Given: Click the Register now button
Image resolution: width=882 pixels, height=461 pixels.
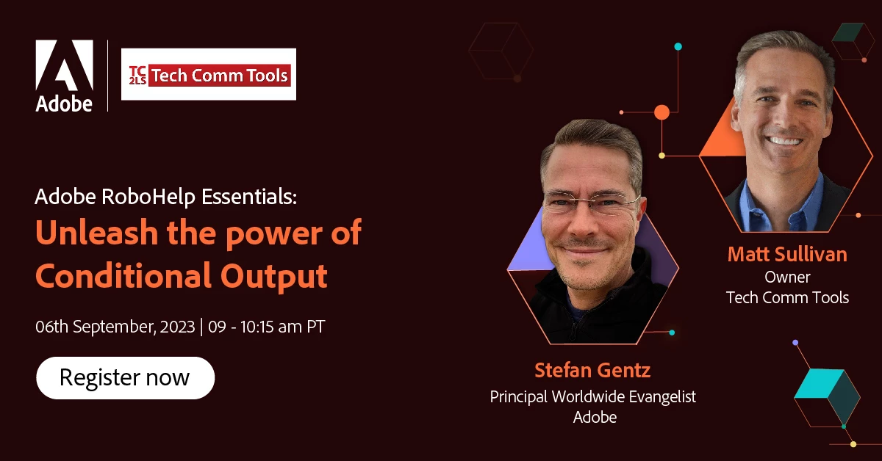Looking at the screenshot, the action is pos(125,377).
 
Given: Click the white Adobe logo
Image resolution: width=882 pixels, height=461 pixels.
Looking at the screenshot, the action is pos(64,76).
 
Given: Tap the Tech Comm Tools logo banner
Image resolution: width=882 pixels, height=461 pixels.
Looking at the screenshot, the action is pos(209,74).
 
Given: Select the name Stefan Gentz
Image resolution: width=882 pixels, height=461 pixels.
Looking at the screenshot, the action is pos(592,371).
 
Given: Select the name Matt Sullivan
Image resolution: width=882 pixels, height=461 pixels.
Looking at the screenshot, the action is pos(787,254).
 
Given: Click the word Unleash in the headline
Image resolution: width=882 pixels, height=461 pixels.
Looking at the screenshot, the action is pos(96,233).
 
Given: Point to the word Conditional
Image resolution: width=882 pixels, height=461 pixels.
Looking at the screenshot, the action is pos(123,275).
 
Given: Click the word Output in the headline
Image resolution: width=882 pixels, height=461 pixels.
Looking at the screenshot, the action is pos(274,277).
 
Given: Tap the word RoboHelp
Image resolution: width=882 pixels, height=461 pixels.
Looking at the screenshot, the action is pos(148,197).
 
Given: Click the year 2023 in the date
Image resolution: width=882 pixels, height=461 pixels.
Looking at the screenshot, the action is pos(178,327).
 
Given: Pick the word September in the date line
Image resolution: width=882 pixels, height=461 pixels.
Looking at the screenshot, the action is pos(114,327).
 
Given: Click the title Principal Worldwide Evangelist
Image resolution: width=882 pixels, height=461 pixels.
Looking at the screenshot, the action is pos(593,397).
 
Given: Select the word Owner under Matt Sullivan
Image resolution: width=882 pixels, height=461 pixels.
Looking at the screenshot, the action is pos(787,277).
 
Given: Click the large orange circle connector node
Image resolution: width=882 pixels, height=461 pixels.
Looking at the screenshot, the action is pos(662,112).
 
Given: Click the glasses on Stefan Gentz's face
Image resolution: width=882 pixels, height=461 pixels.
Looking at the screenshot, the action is pos(592,201).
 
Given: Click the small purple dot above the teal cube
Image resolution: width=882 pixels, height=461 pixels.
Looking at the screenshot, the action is pos(795,343).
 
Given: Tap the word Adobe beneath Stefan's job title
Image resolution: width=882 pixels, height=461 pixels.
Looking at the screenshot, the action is pos(595,418).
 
